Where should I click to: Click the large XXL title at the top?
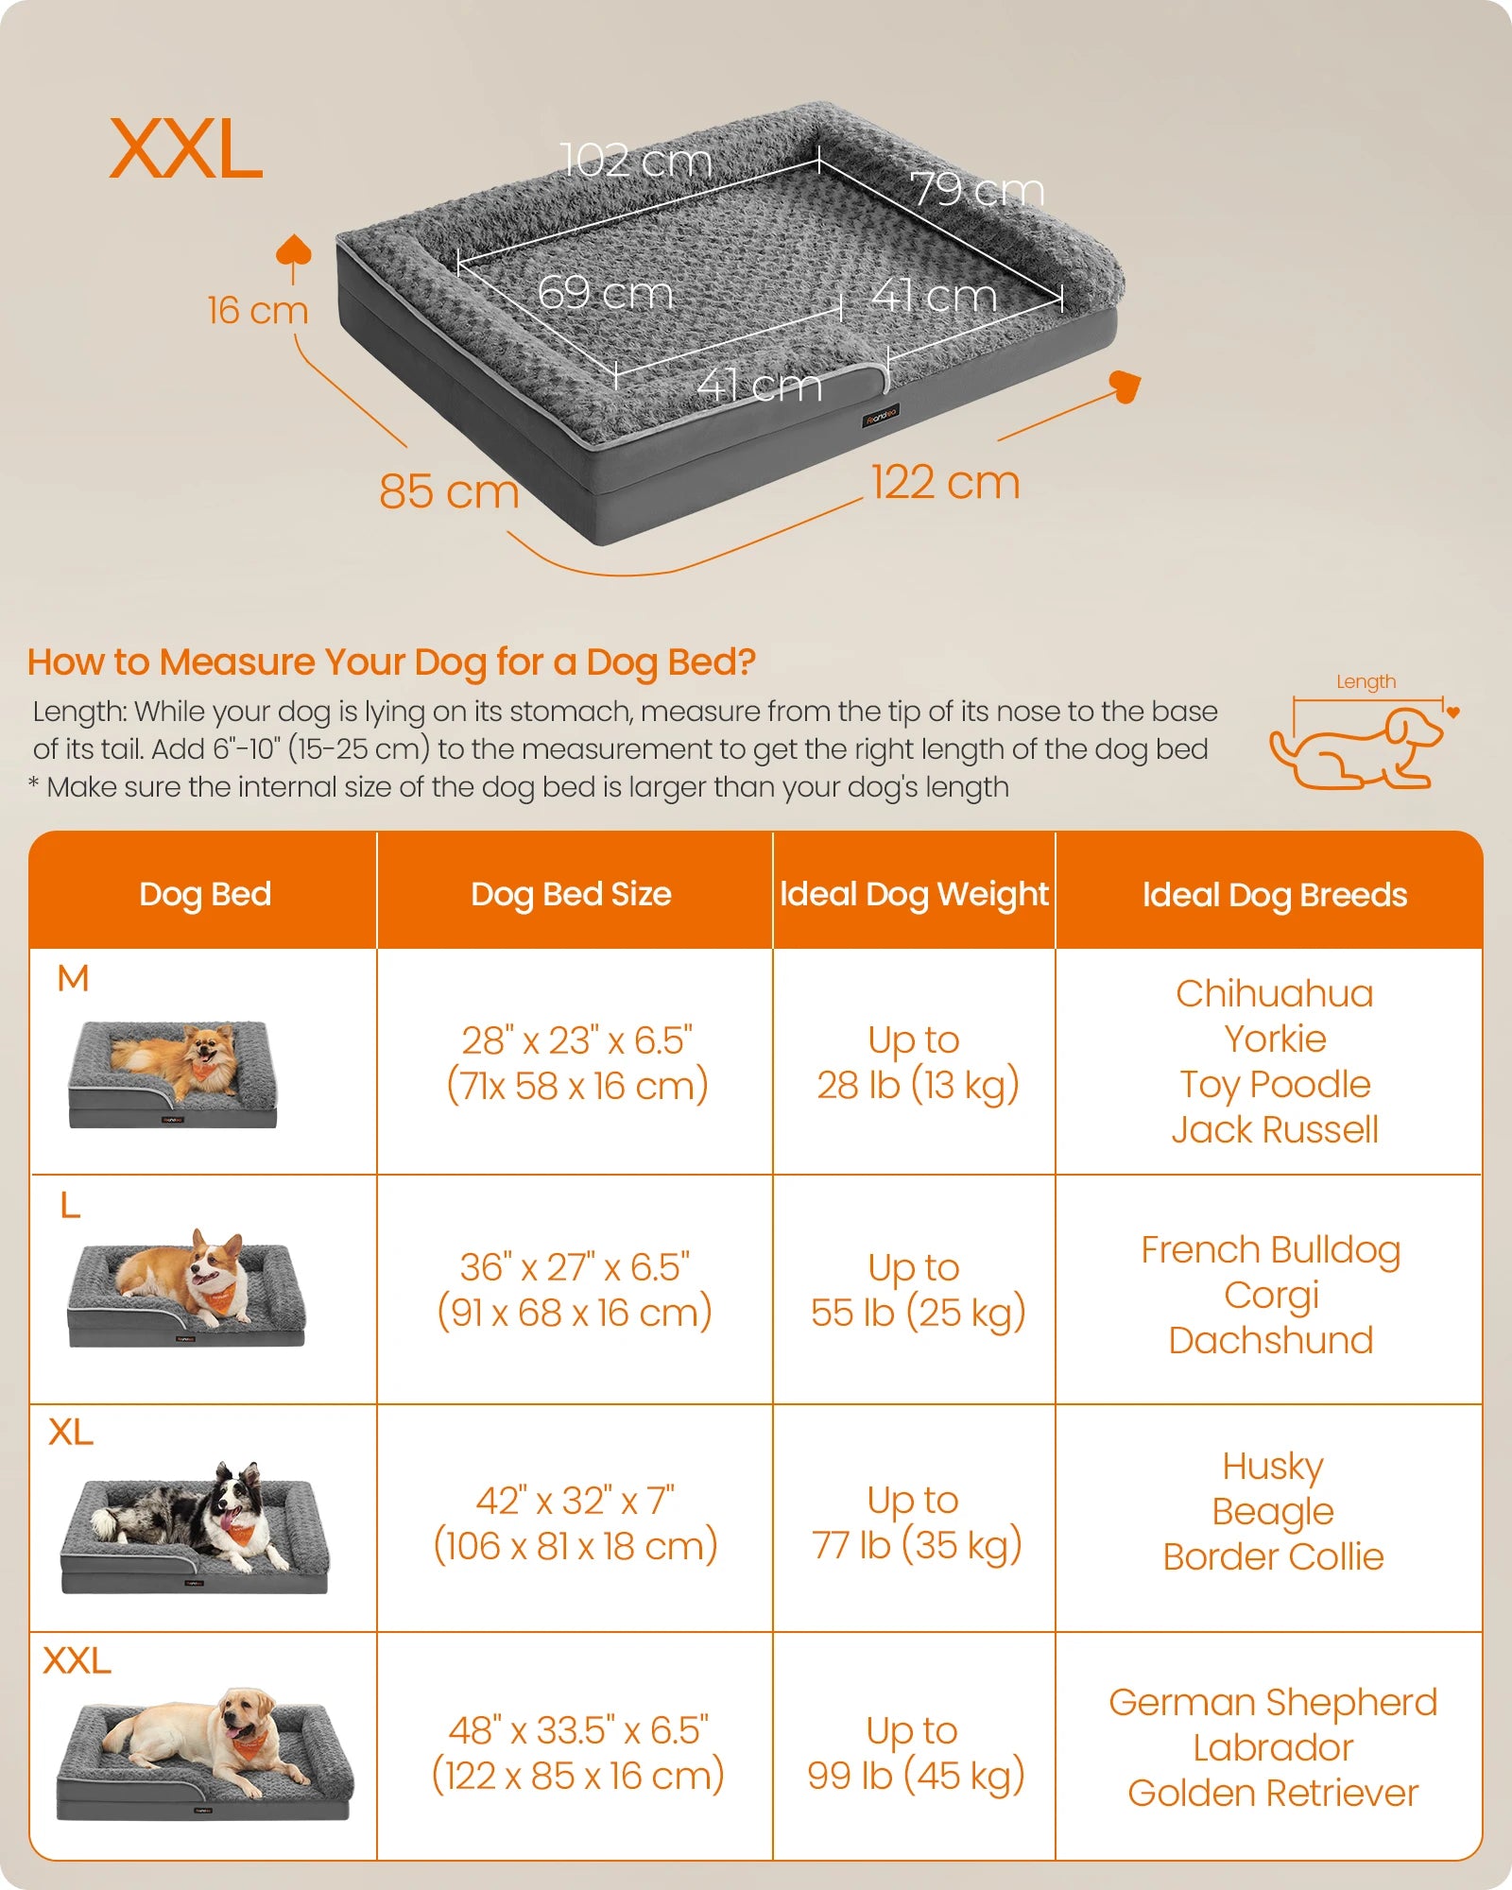(x=186, y=149)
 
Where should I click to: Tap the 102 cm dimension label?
(x=635, y=161)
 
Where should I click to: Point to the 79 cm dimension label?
(x=977, y=190)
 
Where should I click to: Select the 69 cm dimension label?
(x=605, y=292)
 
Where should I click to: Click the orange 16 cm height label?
(x=258, y=310)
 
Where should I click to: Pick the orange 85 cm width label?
(x=449, y=491)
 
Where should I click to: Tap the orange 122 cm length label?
(x=945, y=482)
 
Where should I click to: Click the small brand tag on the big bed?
(x=880, y=416)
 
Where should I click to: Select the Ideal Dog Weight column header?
(x=914, y=894)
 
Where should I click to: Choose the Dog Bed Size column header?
(x=572, y=894)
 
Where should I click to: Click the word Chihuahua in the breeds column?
(x=1274, y=994)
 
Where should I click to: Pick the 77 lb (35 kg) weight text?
(x=917, y=1546)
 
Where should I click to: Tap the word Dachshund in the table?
(x=1271, y=1340)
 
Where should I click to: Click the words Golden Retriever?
(x=1273, y=1793)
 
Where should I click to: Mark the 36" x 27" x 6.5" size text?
(x=575, y=1267)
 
